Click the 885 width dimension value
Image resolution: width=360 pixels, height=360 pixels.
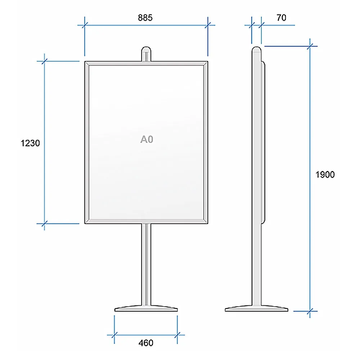point(145,18)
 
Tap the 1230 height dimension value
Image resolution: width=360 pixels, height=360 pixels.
point(30,143)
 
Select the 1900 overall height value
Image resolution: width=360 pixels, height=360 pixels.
point(325,175)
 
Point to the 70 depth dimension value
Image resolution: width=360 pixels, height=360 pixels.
point(281,18)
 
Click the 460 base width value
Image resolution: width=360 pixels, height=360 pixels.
point(146,343)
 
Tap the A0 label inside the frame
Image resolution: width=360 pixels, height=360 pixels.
point(147,139)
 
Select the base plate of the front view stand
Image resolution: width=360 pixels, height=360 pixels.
point(146,309)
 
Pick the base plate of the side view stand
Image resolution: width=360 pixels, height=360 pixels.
point(256,309)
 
